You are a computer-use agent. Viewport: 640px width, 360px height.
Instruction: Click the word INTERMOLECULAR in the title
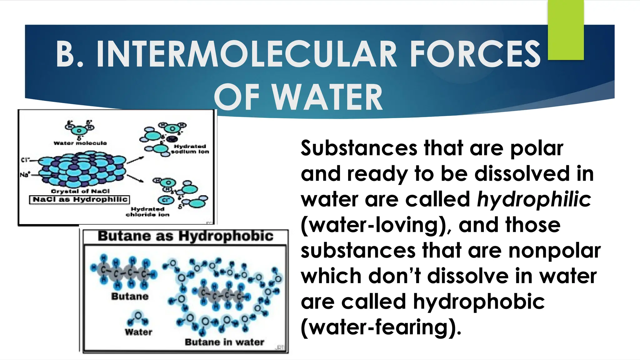247,54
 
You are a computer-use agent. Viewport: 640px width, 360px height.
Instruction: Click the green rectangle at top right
566,30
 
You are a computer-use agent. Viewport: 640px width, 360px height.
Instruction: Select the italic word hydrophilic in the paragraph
534,199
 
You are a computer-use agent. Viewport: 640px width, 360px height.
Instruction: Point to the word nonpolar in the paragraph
554,250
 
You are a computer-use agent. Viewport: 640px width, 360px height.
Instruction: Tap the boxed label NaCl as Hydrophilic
79,199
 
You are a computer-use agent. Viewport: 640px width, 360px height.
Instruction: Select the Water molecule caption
80,143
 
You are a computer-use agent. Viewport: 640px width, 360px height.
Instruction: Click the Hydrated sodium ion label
190,149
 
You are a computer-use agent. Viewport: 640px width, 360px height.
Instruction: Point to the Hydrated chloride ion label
147,212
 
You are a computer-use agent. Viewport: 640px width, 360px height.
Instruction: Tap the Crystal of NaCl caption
80,191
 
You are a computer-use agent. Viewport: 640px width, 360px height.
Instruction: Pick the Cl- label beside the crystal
25,160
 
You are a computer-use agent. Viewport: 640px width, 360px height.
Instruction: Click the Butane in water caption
224,342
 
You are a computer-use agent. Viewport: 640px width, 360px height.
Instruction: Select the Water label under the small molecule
138,332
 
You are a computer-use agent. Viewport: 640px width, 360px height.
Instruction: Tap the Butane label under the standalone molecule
130,296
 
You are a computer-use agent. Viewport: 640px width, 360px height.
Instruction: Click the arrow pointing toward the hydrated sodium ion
135,160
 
